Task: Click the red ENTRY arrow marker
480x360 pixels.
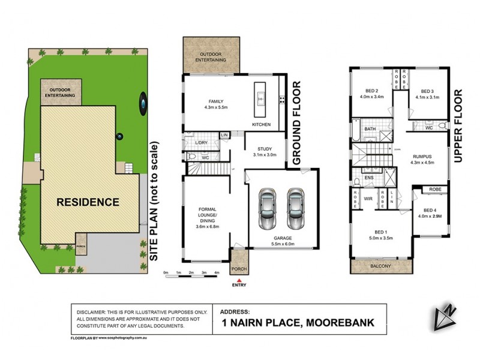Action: tap(239, 278)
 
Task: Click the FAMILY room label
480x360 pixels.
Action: tap(215, 101)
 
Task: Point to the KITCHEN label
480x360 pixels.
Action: tap(261, 124)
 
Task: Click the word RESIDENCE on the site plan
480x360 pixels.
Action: tap(88, 202)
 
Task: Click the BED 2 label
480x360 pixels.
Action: tap(371, 90)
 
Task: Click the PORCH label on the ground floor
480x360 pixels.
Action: tap(239, 268)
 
